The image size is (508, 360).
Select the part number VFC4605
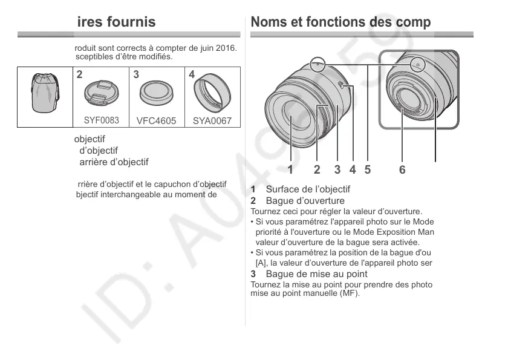(x=156, y=120)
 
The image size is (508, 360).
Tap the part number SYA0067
(x=212, y=120)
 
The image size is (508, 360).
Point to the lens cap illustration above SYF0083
(x=102, y=93)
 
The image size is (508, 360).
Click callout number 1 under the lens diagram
(x=290, y=170)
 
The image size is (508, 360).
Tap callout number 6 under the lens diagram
(x=402, y=170)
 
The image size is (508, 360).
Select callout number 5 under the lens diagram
(x=367, y=170)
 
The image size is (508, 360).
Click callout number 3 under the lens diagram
(x=337, y=170)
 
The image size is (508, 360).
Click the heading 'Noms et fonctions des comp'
(x=340, y=22)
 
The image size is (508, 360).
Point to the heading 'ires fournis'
(x=116, y=22)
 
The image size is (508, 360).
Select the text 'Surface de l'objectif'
(x=308, y=189)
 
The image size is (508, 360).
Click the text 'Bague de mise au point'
(x=308, y=274)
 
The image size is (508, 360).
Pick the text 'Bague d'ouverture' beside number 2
(x=305, y=200)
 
